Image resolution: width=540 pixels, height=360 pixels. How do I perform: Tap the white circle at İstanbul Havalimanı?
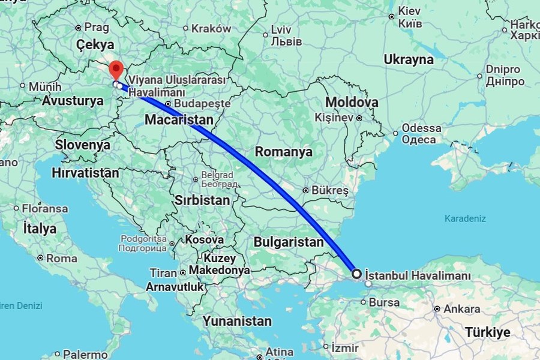356,274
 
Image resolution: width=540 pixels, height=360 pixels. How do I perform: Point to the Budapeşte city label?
205,103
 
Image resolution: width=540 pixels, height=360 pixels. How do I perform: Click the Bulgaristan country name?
289,242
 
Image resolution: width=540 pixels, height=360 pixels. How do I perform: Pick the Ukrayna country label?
409,59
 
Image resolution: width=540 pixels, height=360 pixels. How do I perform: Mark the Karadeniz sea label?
465,218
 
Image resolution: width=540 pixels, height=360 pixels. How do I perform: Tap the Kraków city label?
211,28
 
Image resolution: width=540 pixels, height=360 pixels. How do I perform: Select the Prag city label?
97,27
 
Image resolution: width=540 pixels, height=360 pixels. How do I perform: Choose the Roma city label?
62,259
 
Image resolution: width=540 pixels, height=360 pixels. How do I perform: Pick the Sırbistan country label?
203,200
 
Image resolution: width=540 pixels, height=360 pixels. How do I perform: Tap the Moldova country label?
352,102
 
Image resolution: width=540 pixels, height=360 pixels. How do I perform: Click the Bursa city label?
385,302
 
